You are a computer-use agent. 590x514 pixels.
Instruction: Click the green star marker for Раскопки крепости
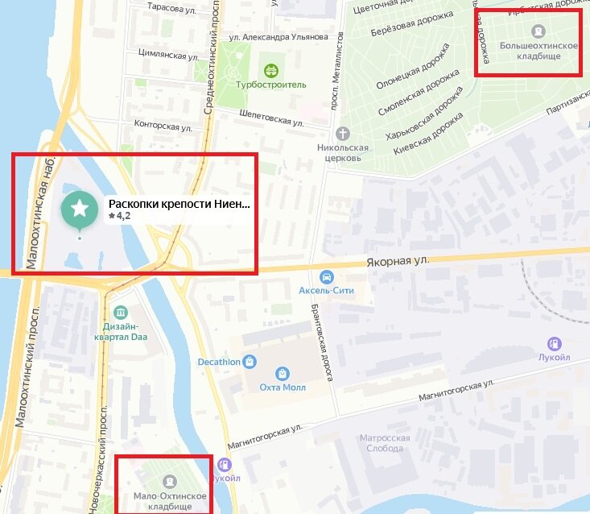click(80, 209)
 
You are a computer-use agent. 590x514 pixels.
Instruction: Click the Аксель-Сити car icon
click(326, 276)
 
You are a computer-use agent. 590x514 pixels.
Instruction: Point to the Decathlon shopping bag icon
click(251, 362)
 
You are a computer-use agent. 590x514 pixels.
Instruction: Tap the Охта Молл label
click(282, 386)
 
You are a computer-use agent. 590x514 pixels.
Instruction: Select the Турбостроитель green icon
click(270, 70)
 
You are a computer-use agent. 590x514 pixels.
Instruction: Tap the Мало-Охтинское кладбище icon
click(169, 481)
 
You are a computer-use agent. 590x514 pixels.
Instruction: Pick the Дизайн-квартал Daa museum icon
click(121, 313)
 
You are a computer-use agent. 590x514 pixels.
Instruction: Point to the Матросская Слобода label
click(385, 443)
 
